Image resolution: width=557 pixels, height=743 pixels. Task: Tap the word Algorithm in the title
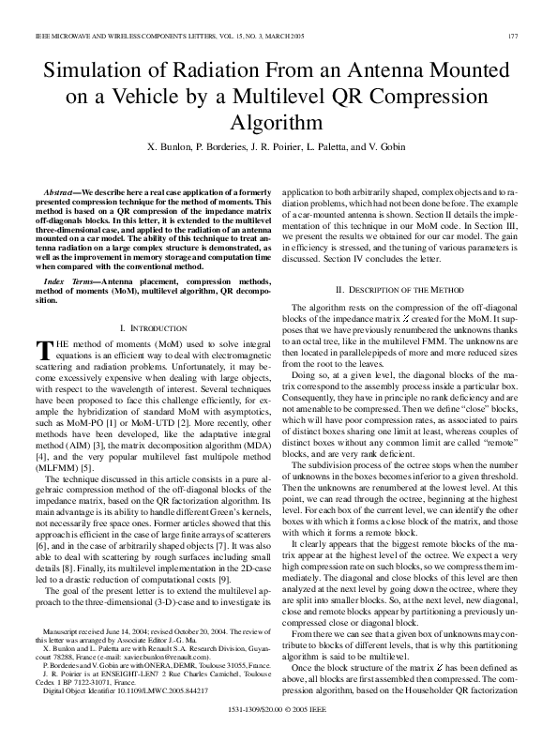click(278, 122)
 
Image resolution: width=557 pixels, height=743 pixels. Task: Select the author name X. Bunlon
click(173, 147)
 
